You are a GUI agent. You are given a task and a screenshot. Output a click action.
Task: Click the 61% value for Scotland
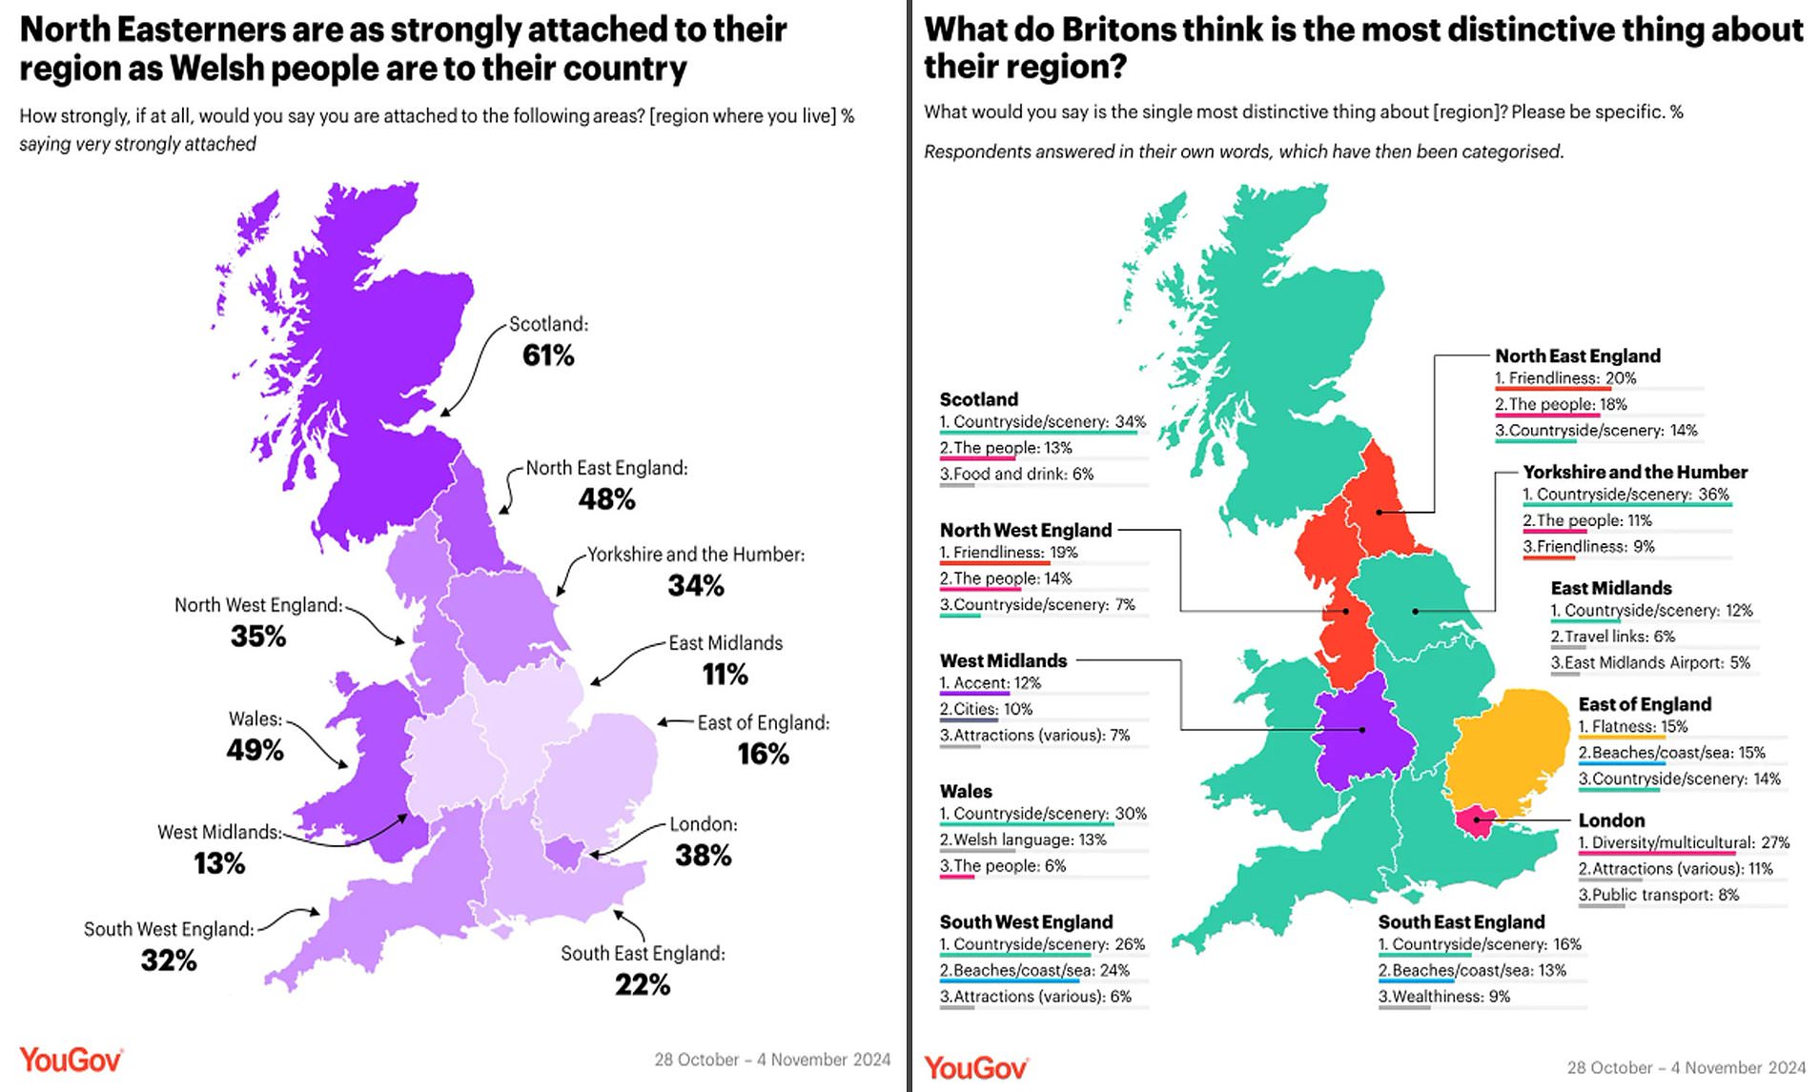(548, 355)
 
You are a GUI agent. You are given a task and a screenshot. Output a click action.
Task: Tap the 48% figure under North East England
(606, 499)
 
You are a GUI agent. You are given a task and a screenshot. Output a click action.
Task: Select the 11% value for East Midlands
(725, 675)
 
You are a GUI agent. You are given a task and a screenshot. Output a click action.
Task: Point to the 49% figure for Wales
(255, 750)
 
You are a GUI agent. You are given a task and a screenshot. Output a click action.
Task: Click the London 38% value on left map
(703, 856)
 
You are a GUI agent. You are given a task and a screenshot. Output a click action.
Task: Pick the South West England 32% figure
(169, 961)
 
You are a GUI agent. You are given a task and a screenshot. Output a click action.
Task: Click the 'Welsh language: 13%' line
(1023, 839)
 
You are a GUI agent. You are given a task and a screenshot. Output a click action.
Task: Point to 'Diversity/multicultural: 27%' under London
(1684, 842)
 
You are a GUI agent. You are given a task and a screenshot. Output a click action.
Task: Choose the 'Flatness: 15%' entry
(1632, 726)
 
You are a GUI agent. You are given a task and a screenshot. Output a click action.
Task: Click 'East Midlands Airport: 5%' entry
(1649, 662)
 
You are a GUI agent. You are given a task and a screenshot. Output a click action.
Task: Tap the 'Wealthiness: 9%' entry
(1443, 997)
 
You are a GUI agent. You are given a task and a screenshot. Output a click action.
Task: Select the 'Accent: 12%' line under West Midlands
(990, 683)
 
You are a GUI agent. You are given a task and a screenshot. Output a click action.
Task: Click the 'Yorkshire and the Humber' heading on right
(1634, 472)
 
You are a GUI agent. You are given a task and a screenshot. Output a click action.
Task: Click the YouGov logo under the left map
(71, 1060)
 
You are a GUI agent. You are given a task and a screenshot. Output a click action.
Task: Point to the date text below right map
(1686, 1067)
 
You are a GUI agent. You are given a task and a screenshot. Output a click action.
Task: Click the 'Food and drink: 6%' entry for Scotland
(1016, 474)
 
